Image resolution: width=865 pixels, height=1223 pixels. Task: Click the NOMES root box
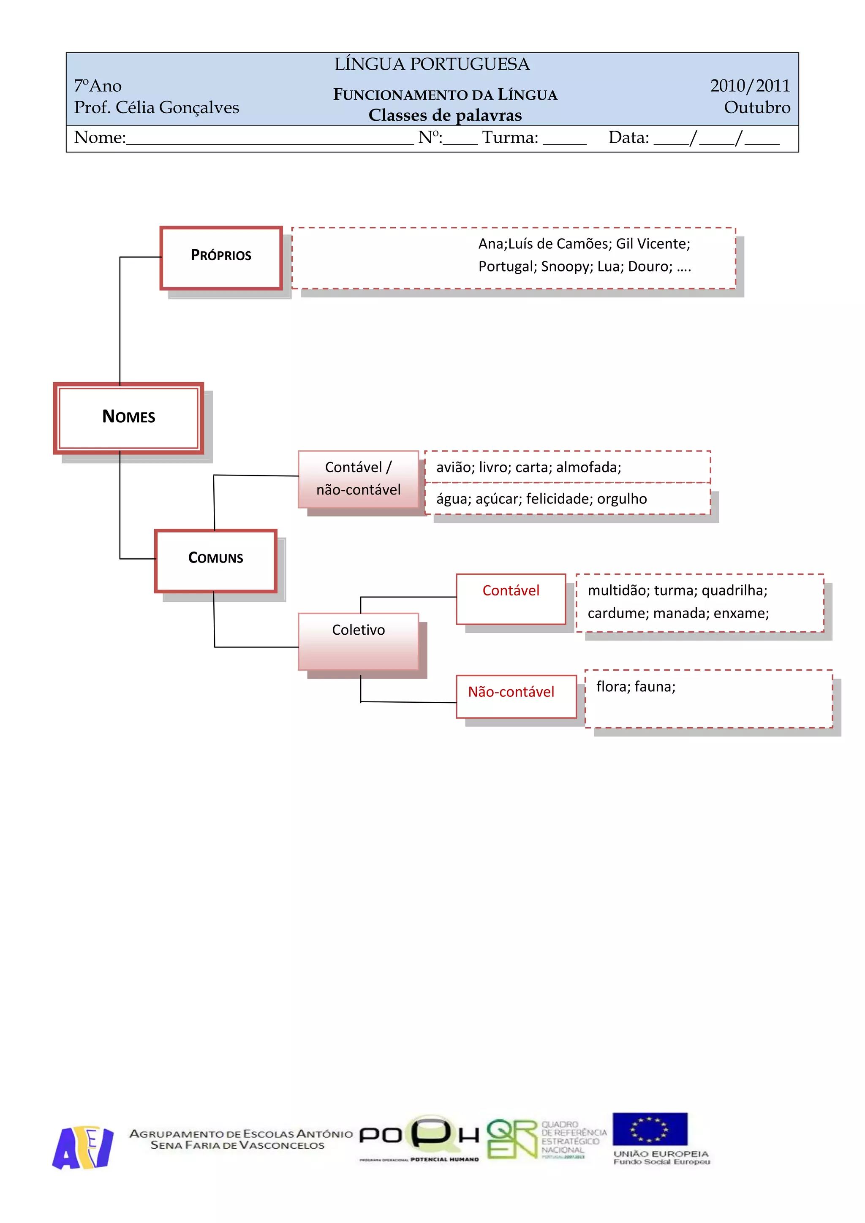[x=128, y=418]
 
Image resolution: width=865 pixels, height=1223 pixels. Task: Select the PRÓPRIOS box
[x=221, y=258]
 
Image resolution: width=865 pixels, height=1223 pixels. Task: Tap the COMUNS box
[x=216, y=560]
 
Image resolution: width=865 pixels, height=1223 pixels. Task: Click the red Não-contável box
[x=516, y=696]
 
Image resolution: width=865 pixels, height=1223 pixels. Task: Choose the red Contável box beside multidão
[x=511, y=599]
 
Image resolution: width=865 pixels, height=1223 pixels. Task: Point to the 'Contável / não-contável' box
[x=359, y=479]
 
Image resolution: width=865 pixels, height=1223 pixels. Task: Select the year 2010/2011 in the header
[x=749, y=86]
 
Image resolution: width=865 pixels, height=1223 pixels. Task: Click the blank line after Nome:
[x=269, y=139]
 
